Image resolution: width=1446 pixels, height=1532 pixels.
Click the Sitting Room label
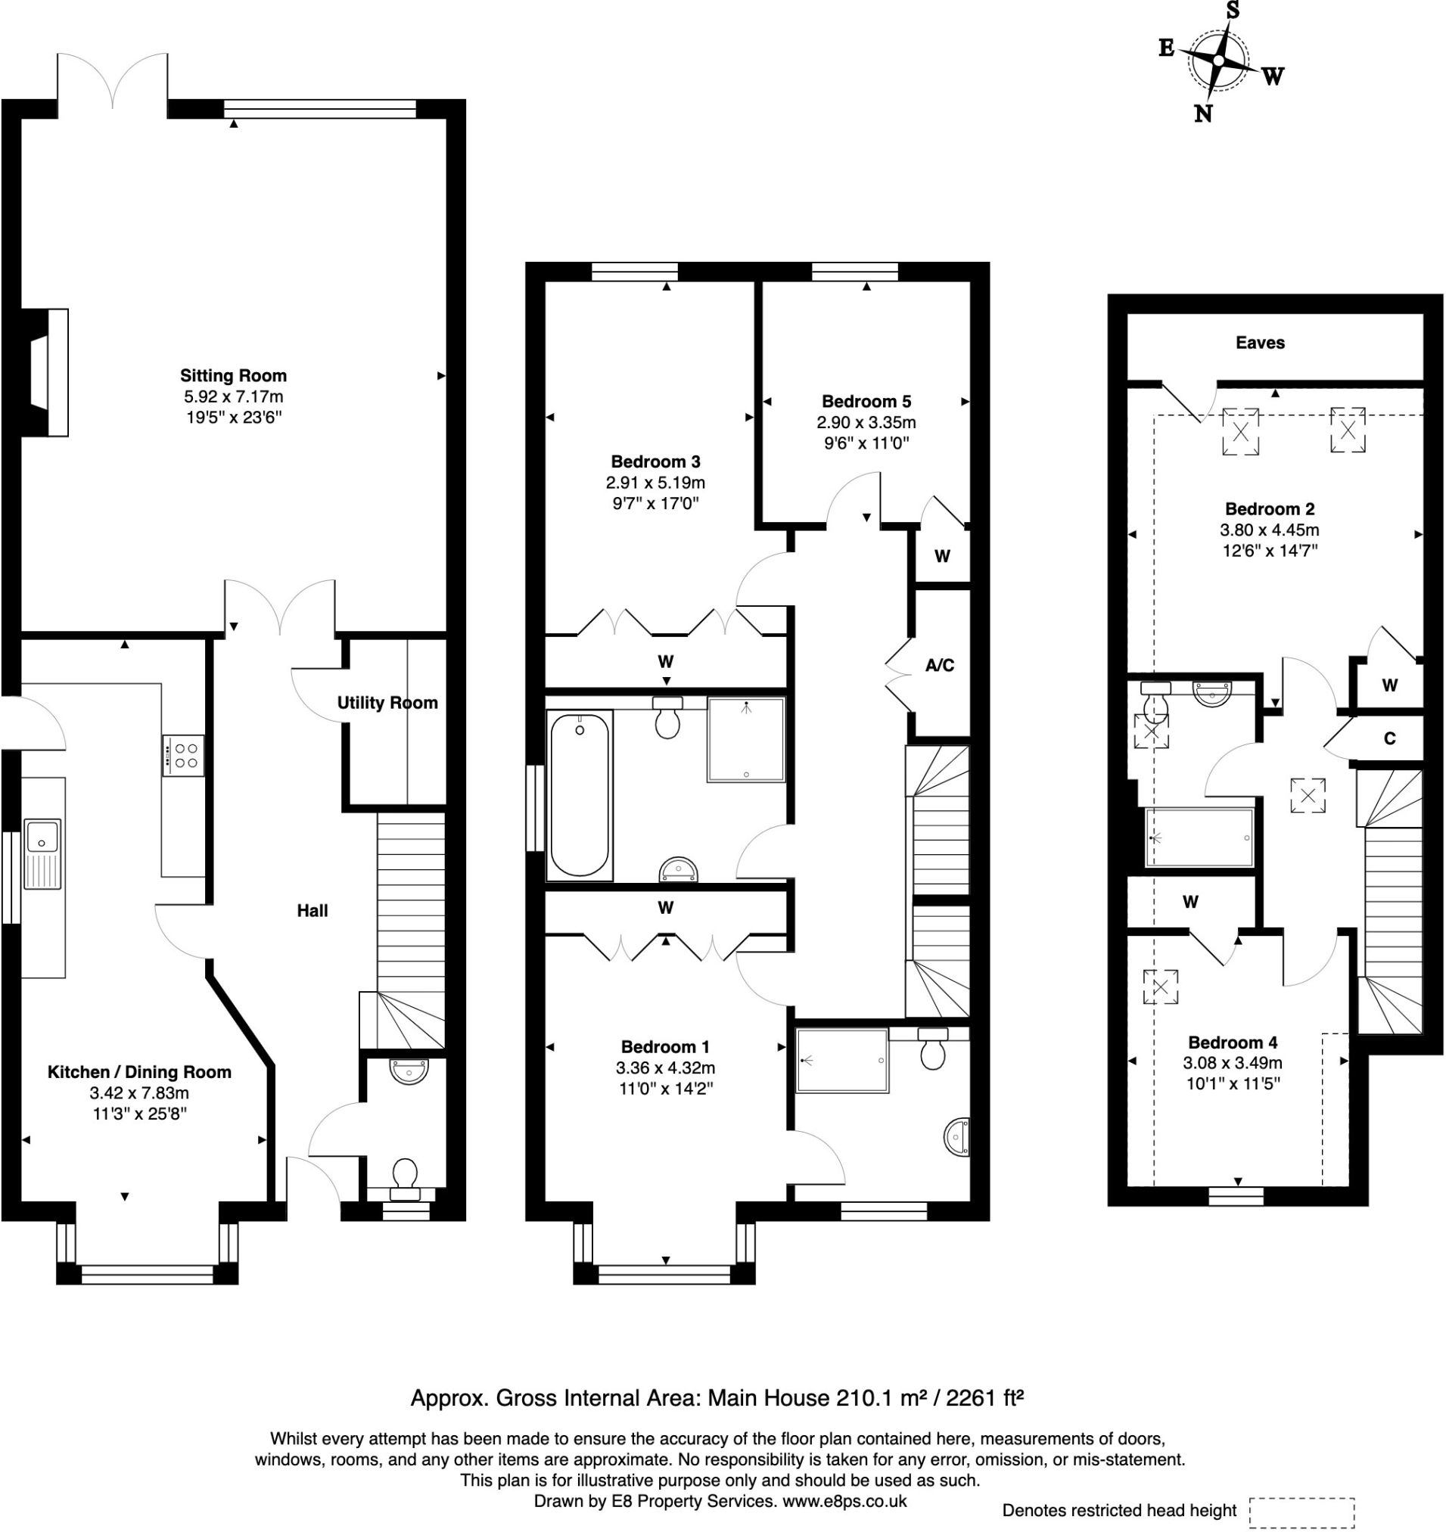233,376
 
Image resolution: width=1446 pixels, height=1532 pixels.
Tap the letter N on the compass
1202,114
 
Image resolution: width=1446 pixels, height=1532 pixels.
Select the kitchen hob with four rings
183,755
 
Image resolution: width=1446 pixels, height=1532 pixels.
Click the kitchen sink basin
42,836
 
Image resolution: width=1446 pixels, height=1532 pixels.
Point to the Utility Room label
387,703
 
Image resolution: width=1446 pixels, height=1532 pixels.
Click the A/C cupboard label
940,665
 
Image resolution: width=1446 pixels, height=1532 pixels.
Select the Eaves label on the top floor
1261,343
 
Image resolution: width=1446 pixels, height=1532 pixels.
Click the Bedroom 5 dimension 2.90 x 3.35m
866,422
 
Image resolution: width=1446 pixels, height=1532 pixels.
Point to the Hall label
313,911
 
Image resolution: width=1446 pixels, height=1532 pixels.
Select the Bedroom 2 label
1270,509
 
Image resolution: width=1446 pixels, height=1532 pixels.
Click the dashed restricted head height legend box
1302,1513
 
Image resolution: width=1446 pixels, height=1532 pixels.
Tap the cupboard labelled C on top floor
1389,739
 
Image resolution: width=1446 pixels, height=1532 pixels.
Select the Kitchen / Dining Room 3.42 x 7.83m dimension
138,1092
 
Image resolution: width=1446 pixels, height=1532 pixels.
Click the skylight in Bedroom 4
1161,987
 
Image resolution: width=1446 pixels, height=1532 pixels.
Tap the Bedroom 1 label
664,1046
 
